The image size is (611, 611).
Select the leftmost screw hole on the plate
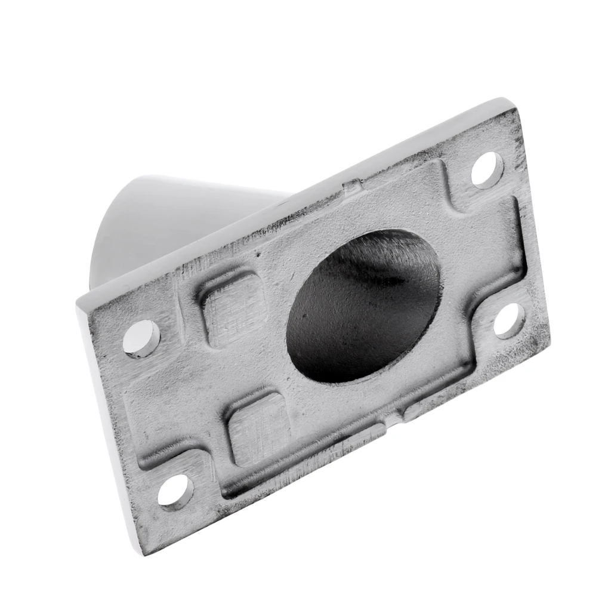(141, 338)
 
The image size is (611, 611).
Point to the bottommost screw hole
(176, 492)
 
